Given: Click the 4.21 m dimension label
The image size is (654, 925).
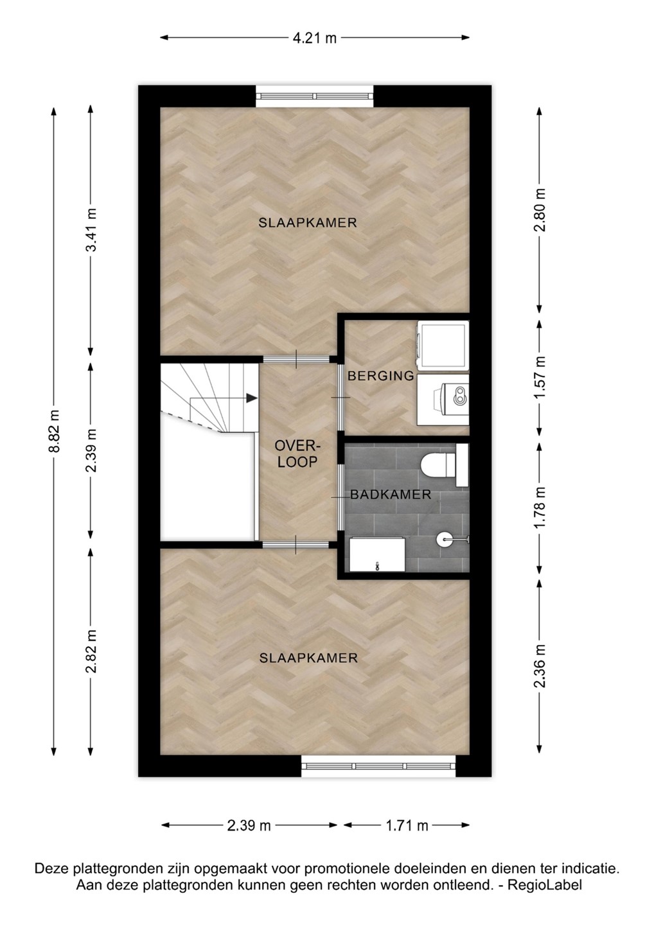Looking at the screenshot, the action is coord(315,38).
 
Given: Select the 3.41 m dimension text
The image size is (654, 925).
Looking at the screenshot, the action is coord(91,229).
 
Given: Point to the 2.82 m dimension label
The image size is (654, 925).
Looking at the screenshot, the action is coord(91,651).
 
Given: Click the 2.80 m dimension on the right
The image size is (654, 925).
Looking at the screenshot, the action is coord(540,210).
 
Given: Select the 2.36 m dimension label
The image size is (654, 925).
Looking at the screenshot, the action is coord(540,665).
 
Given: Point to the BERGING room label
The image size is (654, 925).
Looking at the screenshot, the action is coord(381,376).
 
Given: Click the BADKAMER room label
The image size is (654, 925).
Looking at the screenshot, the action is coord(391,495).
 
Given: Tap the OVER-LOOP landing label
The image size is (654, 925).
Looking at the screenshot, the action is coord(297,454).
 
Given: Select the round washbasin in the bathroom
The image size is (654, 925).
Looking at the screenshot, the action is coord(445,538).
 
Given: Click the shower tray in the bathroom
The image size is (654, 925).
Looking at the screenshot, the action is coord(377,554).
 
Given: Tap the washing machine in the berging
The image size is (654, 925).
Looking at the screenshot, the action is coord(443,344).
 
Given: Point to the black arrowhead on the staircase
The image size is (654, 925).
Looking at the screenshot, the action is coord(252,398).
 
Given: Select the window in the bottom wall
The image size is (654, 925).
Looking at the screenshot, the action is coord(378,766).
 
